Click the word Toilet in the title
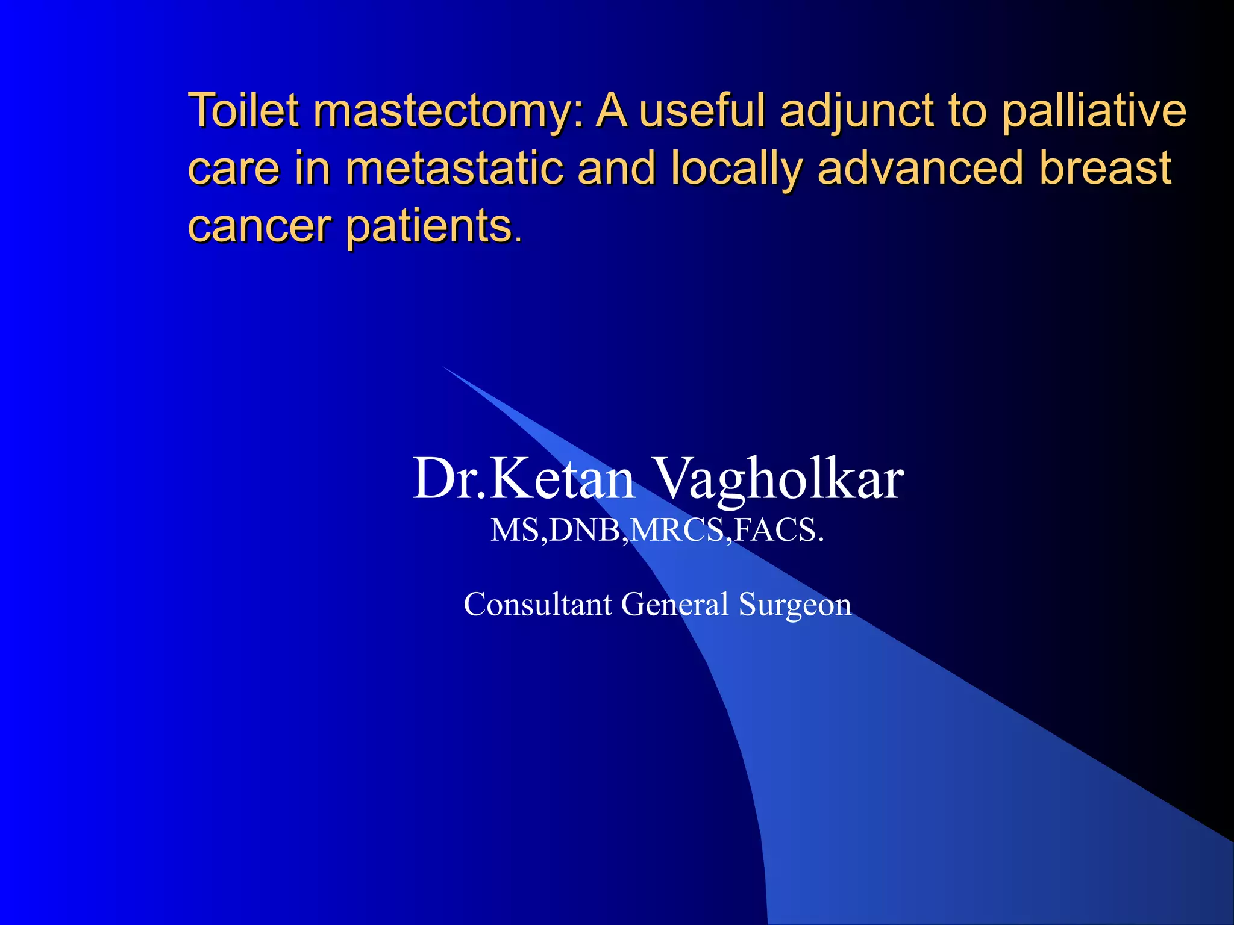pos(243,111)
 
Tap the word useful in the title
pos(703,111)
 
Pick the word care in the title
pos(233,168)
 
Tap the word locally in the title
pos(736,169)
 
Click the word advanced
pos(921,168)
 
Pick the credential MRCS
pos(678,531)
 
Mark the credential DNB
pos(585,531)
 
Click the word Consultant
pos(537,604)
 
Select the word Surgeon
pos(795,605)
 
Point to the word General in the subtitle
pos(674,604)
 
